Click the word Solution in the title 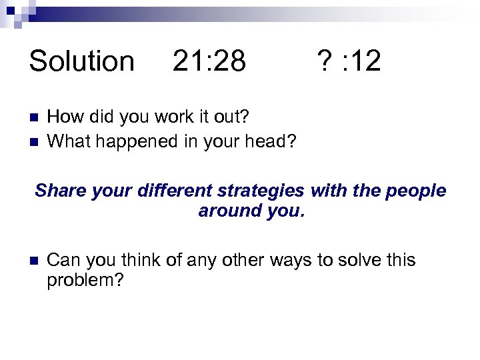point(81,61)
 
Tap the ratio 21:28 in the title point(209,61)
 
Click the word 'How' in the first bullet point(63,118)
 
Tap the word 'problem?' point(85,281)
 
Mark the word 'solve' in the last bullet point(354,260)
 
